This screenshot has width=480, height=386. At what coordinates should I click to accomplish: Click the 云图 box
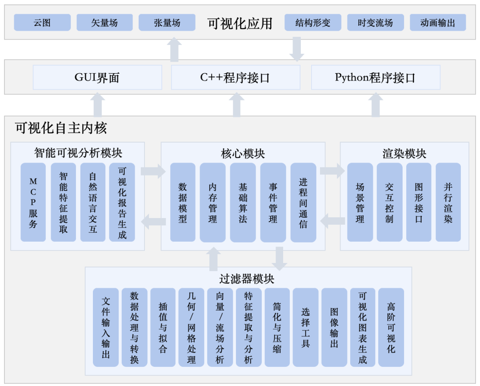[x=42, y=23]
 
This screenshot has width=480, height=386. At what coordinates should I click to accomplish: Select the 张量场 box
[x=167, y=23]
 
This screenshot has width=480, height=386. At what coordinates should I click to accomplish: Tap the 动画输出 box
[x=438, y=23]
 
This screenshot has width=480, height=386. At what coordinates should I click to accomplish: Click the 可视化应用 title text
[x=240, y=23]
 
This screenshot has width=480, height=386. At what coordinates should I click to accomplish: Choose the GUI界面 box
[x=97, y=78]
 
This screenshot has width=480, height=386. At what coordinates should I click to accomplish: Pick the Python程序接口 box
[x=376, y=78]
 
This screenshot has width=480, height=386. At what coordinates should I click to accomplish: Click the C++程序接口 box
[x=236, y=78]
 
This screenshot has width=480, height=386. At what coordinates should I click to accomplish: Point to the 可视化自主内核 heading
[x=61, y=128]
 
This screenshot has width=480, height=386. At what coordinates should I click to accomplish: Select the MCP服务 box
[x=33, y=203]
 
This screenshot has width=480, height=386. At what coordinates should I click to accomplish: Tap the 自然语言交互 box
[x=93, y=203]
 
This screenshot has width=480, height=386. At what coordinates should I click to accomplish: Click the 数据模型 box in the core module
[x=183, y=203]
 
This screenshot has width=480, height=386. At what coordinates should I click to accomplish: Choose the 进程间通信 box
[x=303, y=203]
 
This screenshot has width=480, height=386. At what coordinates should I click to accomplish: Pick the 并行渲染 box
[x=448, y=203]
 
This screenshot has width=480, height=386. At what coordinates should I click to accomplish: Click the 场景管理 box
[x=360, y=203]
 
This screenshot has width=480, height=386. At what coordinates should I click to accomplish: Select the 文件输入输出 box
[x=106, y=327]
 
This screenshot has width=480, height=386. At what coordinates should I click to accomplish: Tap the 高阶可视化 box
[x=391, y=327]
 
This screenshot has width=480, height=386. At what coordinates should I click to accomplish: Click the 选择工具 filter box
[x=305, y=327]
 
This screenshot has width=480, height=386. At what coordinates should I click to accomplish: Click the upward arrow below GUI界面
[x=97, y=105]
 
